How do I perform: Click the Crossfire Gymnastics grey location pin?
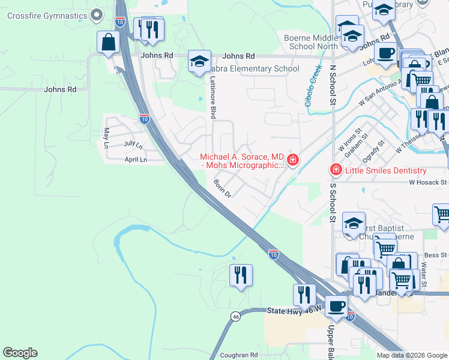click(x=97, y=16)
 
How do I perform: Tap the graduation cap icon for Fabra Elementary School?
click(x=199, y=61)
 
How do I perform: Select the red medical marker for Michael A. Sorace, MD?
click(x=293, y=160)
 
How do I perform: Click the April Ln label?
click(x=135, y=160)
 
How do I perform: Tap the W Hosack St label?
click(x=428, y=182)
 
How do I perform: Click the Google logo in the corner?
click(x=20, y=353)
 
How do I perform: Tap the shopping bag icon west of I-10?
click(x=108, y=42)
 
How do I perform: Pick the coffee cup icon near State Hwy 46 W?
click(x=336, y=306)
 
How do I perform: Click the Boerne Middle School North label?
click(x=311, y=42)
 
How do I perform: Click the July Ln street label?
click(x=133, y=145)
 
